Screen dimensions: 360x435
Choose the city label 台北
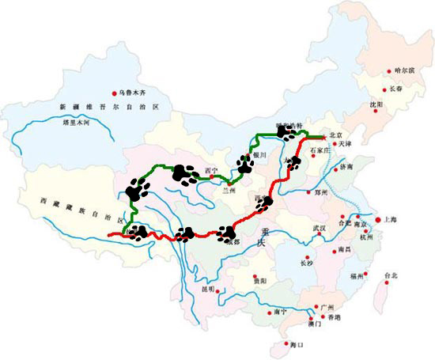391,275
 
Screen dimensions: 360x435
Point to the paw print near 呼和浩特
282,133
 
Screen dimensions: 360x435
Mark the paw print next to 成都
226,233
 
